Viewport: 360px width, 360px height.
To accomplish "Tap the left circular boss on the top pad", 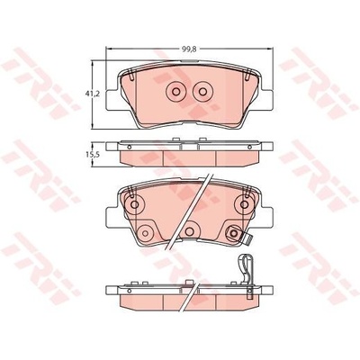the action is click(x=175, y=91).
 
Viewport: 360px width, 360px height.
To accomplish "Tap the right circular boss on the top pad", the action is click(x=203, y=91).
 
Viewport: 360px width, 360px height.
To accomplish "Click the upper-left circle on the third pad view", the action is click(x=134, y=204).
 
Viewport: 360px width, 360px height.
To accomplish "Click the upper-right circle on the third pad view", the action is click(x=244, y=204).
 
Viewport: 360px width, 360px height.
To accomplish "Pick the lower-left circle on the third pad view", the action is click(x=145, y=233).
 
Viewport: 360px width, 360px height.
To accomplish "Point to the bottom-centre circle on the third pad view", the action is click(x=189, y=231).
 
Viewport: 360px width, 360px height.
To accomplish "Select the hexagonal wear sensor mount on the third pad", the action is click(x=234, y=233).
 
